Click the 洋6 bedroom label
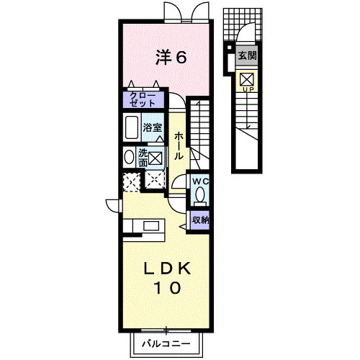[171, 57]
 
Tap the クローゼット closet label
[143, 99]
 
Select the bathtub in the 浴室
[132, 127]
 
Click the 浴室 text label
[153, 127]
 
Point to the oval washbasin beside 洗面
[130, 157]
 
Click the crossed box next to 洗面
[156, 158]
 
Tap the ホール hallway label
[179, 145]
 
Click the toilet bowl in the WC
[200, 195]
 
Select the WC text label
[201, 181]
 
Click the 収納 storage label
[200, 220]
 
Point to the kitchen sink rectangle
[151, 226]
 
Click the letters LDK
[167, 269]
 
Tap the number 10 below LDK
[168, 288]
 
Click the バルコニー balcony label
[166, 344]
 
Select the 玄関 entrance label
[247, 55]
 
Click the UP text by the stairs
[248, 90]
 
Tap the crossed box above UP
[247, 79]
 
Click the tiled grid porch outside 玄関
[243, 24]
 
